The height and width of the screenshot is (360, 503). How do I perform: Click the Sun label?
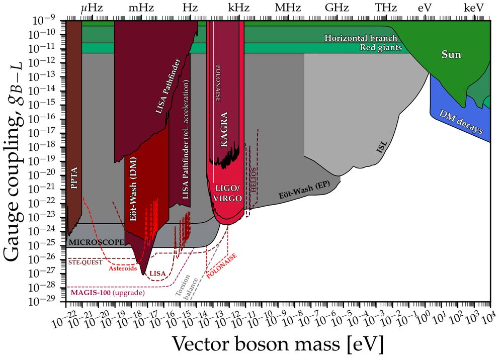pyautogui.click(x=451, y=54)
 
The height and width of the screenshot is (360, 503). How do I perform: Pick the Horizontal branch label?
pyautogui.click(x=361, y=38)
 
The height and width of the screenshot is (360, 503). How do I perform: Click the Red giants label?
pyautogui.click(x=381, y=48)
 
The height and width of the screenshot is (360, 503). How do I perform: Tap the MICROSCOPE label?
pyautogui.click(x=97, y=242)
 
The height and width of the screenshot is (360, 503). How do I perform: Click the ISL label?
pyautogui.click(x=382, y=147)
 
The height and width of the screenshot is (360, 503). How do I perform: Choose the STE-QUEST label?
pyautogui.click(x=86, y=262)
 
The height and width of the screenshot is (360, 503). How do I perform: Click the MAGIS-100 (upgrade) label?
pyautogui.click(x=107, y=293)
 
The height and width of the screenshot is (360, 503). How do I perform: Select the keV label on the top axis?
pyautogui.click(x=474, y=8)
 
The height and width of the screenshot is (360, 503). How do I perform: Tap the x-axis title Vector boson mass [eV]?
pyautogui.click(x=277, y=345)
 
